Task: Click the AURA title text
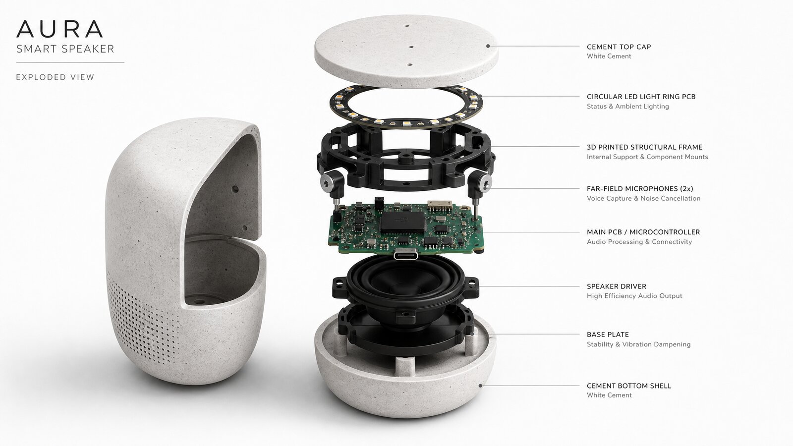(59, 29)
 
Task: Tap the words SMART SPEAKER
(65, 49)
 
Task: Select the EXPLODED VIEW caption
(55, 77)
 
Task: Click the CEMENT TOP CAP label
(619, 47)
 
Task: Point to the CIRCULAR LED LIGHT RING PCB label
(641, 97)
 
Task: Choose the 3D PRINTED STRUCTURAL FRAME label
(645, 147)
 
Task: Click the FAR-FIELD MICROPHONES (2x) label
(640, 189)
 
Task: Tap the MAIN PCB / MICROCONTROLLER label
(643, 232)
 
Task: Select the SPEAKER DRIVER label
(617, 286)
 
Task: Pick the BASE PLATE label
(608, 334)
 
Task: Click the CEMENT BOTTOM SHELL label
(629, 386)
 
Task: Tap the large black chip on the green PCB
(402, 222)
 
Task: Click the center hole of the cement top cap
(411, 47)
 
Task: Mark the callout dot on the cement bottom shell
(480, 386)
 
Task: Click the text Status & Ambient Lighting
(627, 106)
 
